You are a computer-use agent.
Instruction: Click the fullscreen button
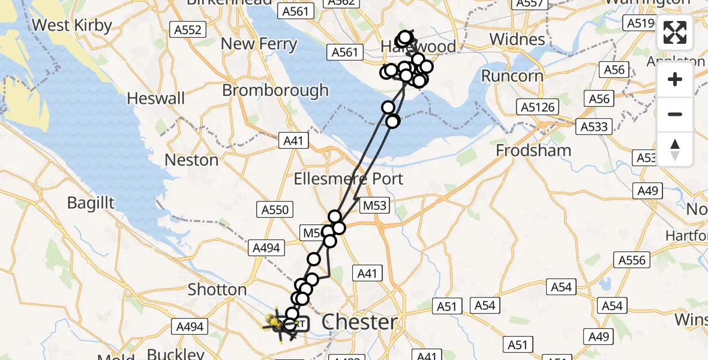coord(675,32)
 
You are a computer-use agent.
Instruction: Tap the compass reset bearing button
coord(675,149)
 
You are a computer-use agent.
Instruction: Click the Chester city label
coord(359,322)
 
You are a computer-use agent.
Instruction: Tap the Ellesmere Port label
coord(349,179)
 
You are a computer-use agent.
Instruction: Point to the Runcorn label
coord(513,76)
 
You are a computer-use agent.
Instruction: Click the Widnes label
coord(517,40)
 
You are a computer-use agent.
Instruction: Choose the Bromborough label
coord(275,91)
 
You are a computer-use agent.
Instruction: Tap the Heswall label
coord(156,98)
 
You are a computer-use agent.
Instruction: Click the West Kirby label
coord(73,25)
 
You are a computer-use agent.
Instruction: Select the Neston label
coord(192,160)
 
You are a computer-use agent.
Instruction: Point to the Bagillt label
coord(91,203)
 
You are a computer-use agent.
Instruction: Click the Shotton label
coord(217,289)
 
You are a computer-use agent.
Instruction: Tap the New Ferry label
coord(259,44)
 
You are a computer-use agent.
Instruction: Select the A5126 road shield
coord(538,107)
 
